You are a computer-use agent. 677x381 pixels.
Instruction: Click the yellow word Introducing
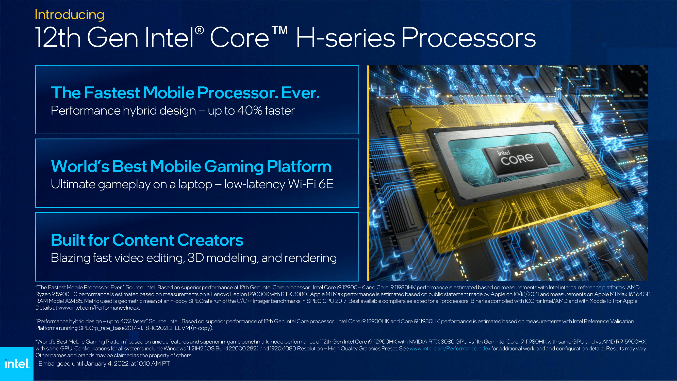pyautogui.click(x=69, y=15)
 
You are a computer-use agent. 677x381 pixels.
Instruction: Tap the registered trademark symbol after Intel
pyautogui.click(x=200, y=31)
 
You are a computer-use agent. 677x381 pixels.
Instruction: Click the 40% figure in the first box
pyautogui.click(x=250, y=110)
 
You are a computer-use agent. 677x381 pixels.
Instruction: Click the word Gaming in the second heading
pyautogui.click(x=234, y=166)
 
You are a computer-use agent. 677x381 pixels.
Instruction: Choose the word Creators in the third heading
pyautogui.click(x=210, y=240)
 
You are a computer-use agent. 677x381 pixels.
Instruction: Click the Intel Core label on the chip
pyautogui.click(x=516, y=158)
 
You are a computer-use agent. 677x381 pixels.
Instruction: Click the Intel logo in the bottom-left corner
pyautogui.click(x=16, y=364)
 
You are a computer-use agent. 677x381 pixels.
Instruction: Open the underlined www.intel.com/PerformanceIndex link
pyautogui.click(x=450, y=348)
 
